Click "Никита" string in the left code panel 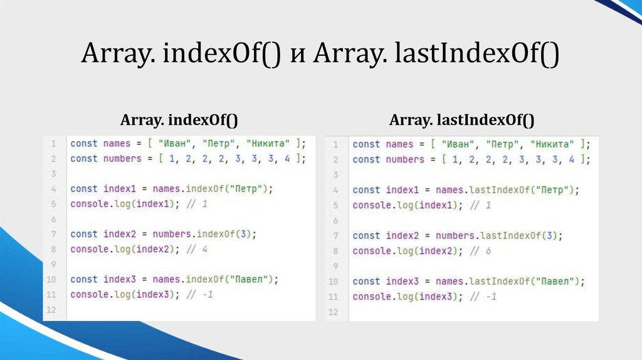(x=270, y=143)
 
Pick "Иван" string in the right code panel (x=459, y=144)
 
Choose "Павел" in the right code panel (x=555, y=282)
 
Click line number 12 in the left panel (x=51, y=310)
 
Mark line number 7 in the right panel (x=335, y=236)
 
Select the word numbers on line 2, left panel (x=123, y=159)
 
